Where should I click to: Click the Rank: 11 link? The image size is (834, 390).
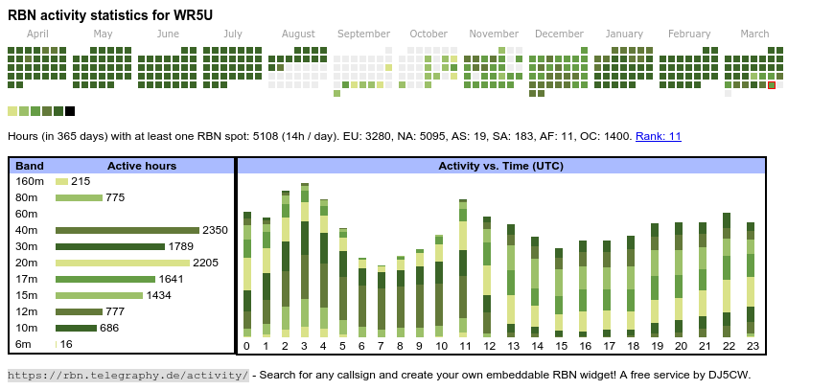click(658, 136)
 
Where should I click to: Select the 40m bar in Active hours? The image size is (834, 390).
click(127, 230)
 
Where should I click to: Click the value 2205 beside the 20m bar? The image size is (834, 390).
click(206, 263)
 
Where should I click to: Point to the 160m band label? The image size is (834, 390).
click(30, 181)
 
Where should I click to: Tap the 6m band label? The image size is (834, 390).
click(23, 344)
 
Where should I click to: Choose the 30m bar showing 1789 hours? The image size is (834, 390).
click(110, 246)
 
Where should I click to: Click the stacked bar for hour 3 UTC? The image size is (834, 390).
click(304, 259)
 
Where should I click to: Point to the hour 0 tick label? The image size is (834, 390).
click(246, 346)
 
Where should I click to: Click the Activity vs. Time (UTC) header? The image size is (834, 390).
click(500, 166)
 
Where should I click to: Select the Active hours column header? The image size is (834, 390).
click(141, 166)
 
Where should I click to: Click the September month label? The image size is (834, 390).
click(363, 34)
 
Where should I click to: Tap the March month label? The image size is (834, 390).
click(754, 34)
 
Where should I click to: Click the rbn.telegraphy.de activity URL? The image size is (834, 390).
click(128, 375)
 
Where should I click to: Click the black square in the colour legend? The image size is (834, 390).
click(70, 111)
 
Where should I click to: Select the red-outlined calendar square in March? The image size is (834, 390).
click(772, 85)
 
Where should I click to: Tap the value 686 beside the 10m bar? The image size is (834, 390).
click(109, 328)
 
